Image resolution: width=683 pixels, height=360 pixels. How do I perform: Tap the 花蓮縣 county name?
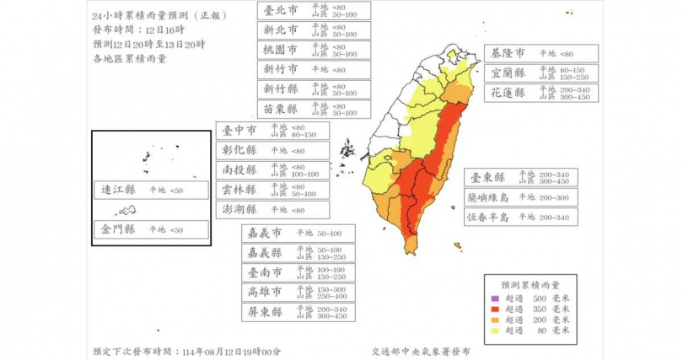coord(508,93)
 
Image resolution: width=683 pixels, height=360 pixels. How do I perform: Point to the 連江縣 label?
coord(118,191)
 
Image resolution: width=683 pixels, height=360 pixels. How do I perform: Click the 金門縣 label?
coord(118,229)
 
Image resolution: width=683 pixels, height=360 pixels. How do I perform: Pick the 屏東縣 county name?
coord(261,312)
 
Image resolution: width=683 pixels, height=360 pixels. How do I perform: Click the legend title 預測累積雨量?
coord(540,286)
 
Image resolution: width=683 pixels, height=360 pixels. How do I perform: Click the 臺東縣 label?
coord(488,178)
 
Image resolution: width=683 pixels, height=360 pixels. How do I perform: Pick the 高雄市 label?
coord(261,293)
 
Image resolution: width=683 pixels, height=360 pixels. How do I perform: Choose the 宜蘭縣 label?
coord(508,73)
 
